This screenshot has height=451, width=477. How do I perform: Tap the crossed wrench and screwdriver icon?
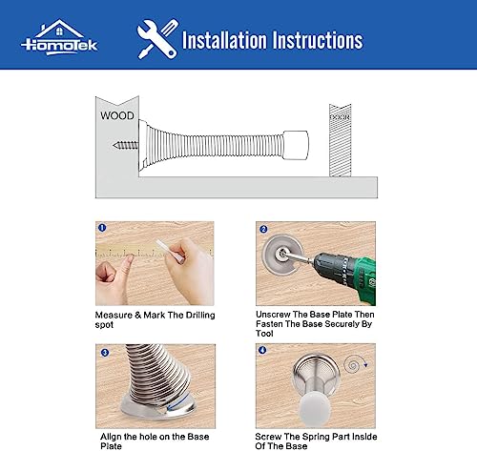click(x=156, y=39)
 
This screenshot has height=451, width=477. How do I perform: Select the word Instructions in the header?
click(x=316, y=40)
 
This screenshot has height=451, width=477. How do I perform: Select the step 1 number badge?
click(x=102, y=229)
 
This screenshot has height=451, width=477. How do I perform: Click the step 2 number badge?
click(x=263, y=230)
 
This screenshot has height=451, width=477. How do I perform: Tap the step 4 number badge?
click(x=263, y=351)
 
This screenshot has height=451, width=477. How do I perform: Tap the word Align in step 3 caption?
click(x=111, y=435)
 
